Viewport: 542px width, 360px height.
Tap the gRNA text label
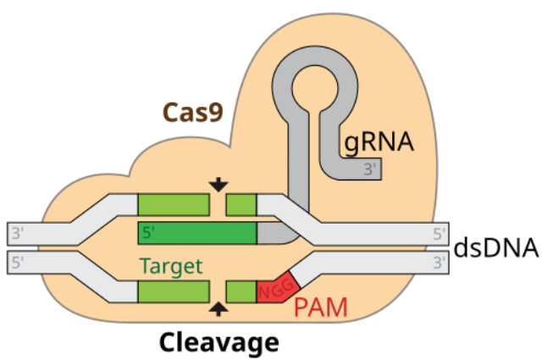pyautogui.click(x=379, y=141)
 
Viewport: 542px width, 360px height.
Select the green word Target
pyautogui.click(x=172, y=267)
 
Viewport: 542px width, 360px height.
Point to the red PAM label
pyautogui.click(x=320, y=307)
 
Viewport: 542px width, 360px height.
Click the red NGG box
pyautogui.click(x=274, y=291)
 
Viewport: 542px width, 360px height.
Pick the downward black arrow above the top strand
pyautogui.click(x=218, y=184)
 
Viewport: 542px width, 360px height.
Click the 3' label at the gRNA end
pyautogui.click(x=371, y=169)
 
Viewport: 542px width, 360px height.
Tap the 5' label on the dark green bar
pyautogui.click(x=149, y=232)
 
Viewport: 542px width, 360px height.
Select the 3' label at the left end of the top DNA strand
pyautogui.click(x=19, y=233)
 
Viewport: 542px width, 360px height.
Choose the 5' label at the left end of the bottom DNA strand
pyautogui.click(x=19, y=263)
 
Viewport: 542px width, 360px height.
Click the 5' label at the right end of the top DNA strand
pyautogui.click(x=439, y=233)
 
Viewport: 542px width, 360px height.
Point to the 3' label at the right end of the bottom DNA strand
pyautogui.click(x=439, y=263)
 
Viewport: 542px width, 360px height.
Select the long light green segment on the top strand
pyautogui.click(x=174, y=204)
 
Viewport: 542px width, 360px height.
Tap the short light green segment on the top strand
pyautogui.click(x=241, y=204)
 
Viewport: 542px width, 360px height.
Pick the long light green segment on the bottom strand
pyautogui.click(x=174, y=292)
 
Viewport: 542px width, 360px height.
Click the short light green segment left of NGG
pyautogui.click(x=241, y=292)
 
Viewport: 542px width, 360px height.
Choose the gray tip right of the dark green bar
pyautogui.click(x=269, y=233)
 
